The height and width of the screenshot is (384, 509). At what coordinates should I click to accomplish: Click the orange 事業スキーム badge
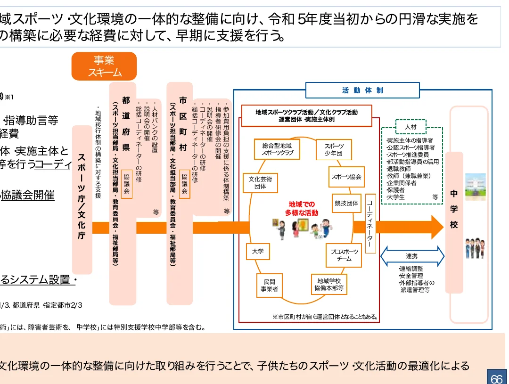(x=104, y=66)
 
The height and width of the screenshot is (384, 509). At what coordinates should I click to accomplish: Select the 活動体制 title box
(x=362, y=90)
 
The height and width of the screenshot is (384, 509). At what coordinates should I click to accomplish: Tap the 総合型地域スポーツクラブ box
(x=277, y=149)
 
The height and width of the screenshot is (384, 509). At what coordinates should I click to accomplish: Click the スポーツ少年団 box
(x=333, y=149)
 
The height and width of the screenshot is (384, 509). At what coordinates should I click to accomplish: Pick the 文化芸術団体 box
(x=260, y=183)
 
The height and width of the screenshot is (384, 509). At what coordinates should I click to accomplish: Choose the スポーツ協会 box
(x=346, y=177)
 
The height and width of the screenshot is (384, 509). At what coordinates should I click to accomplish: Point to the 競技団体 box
(x=346, y=204)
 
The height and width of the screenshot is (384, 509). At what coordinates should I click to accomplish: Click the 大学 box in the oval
(x=258, y=252)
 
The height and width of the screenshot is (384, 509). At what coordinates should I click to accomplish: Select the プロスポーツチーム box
(x=344, y=255)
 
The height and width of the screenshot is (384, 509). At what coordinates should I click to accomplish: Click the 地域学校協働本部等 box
(x=329, y=285)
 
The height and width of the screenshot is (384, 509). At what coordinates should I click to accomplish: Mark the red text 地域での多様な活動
(x=302, y=209)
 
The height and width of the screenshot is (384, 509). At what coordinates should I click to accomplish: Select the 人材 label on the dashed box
(x=410, y=127)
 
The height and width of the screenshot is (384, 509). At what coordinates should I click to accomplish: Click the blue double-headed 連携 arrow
(x=412, y=256)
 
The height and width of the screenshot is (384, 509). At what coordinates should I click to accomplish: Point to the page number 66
(x=497, y=378)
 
